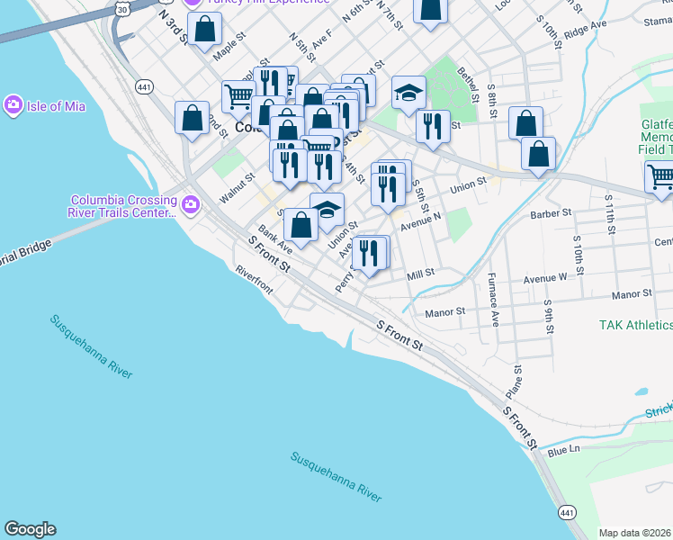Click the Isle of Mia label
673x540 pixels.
click(x=56, y=106)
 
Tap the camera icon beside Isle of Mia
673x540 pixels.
click(x=13, y=105)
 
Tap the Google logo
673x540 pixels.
click(x=30, y=529)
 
